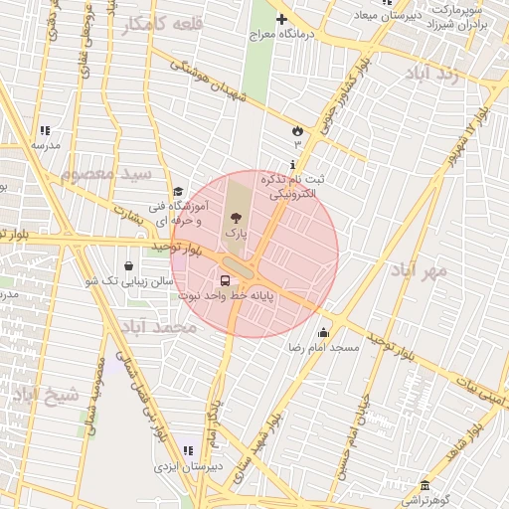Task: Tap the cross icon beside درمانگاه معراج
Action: pyautogui.click(x=281, y=19)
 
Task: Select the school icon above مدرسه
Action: pyautogui.click(x=45, y=130)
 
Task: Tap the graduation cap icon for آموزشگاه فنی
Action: pyautogui.click(x=178, y=192)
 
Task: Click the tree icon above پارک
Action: pyautogui.click(x=236, y=216)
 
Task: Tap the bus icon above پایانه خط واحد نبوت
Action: pyautogui.click(x=237, y=279)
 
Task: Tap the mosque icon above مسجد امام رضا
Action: pyautogui.click(x=323, y=333)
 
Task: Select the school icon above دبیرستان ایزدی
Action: pyautogui.click(x=189, y=450)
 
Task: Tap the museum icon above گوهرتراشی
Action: pyautogui.click(x=425, y=485)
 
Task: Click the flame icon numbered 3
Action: pyautogui.click(x=296, y=130)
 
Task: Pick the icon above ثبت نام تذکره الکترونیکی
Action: pyautogui.click(x=292, y=164)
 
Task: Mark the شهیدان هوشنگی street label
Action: pyautogui.click(x=209, y=82)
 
